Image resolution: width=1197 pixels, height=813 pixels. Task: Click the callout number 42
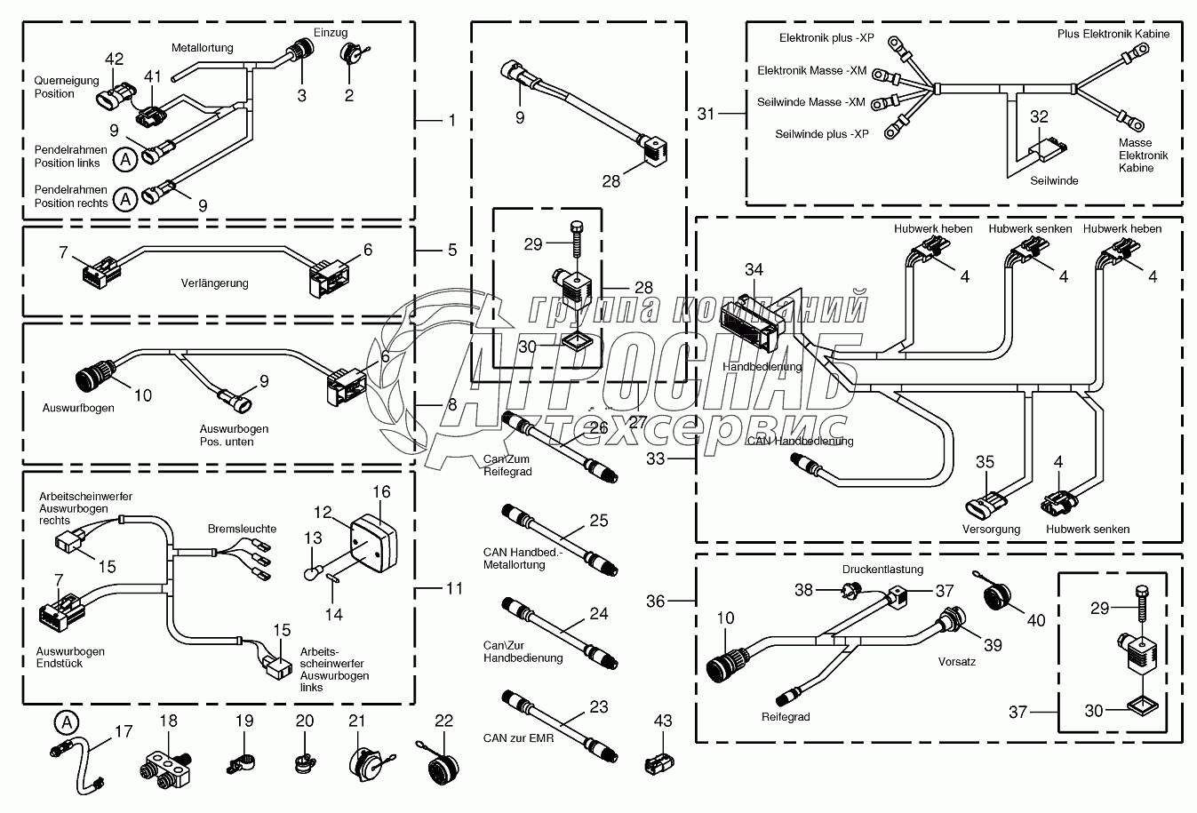(x=115, y=60)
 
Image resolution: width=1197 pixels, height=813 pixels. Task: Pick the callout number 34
(x=754, y=269)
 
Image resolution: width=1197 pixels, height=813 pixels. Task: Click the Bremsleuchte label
(x=242, y=529)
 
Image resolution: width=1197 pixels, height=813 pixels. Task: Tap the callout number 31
(x=706, y=114)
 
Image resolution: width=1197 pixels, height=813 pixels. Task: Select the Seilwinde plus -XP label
(x=821, y=134)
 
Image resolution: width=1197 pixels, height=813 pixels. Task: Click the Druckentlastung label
(x=882, y=570)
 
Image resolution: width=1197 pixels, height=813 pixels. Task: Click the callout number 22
(x=443, y=721)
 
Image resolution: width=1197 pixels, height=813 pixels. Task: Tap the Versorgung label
(x=991, y=529)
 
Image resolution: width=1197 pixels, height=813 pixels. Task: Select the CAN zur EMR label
(x=518, y=737)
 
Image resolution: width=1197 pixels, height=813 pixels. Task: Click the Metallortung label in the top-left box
(x=203, y=47)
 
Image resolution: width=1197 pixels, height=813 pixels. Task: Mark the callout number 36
(x=655, y=602)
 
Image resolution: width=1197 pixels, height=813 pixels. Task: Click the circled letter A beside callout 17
(x=64, y=721)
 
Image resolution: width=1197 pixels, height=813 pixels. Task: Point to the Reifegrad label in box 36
(x=785, y=717)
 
